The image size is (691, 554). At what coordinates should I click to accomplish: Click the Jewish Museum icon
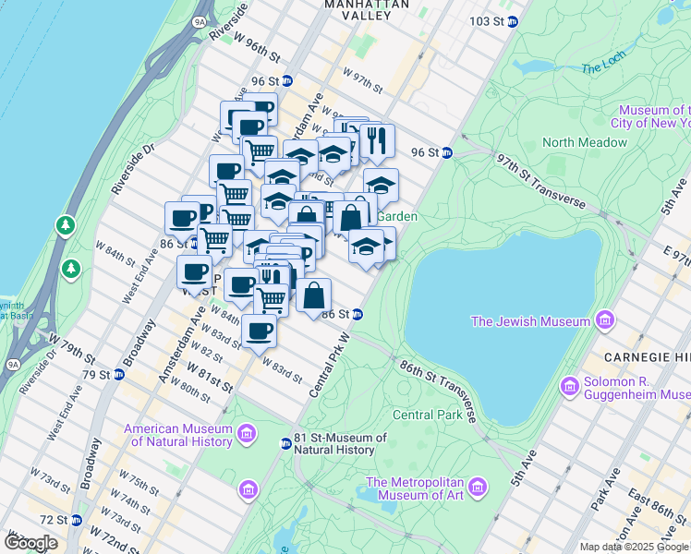click(x=605, y=320)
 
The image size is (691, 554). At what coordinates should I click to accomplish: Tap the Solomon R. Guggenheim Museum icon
click(x=569, y=384)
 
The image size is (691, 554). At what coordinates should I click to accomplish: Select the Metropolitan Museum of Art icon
click(x=477, y=487)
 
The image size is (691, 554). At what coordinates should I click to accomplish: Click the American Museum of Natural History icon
click(x=247, y=433)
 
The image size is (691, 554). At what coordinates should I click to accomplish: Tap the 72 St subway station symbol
click(x=77, y=521)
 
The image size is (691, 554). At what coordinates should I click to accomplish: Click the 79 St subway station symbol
click(x=117, y=375)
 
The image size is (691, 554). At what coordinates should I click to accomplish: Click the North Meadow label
click(x=585, y=142)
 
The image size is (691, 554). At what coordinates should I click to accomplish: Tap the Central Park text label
click(x=427, y=415)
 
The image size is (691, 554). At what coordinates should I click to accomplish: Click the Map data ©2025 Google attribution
click(x=634, y=547)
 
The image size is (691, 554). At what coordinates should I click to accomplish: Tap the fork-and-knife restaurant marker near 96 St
click(x=377, y=140)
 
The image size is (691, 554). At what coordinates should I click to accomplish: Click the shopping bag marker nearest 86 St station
click(x=314, y=295)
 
